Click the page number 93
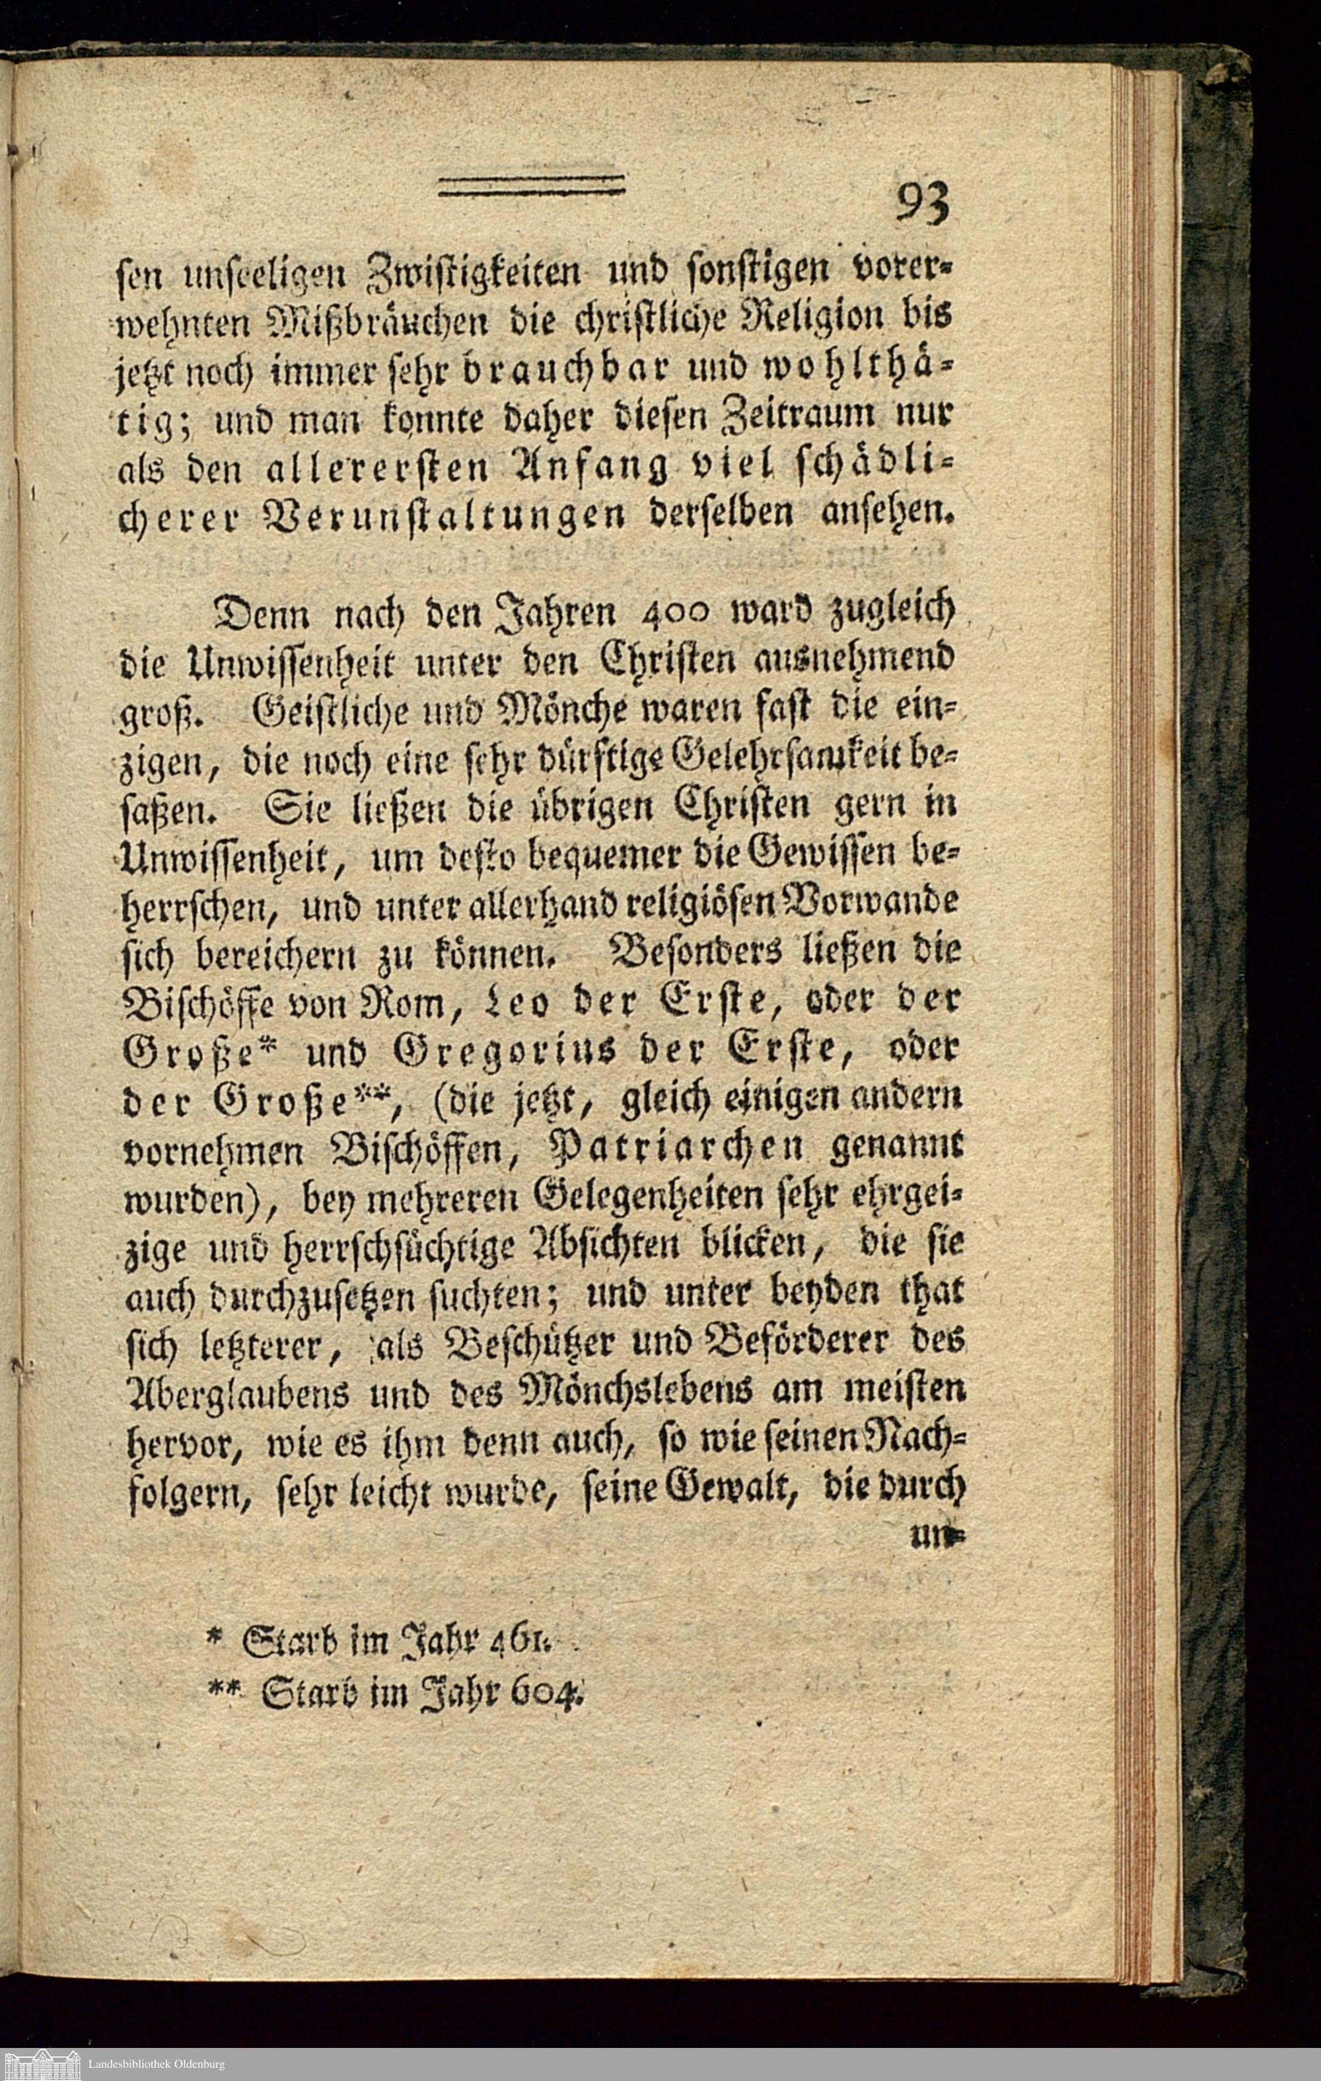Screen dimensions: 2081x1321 tap(923, 205)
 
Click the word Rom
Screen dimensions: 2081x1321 tap(410, 1003)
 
